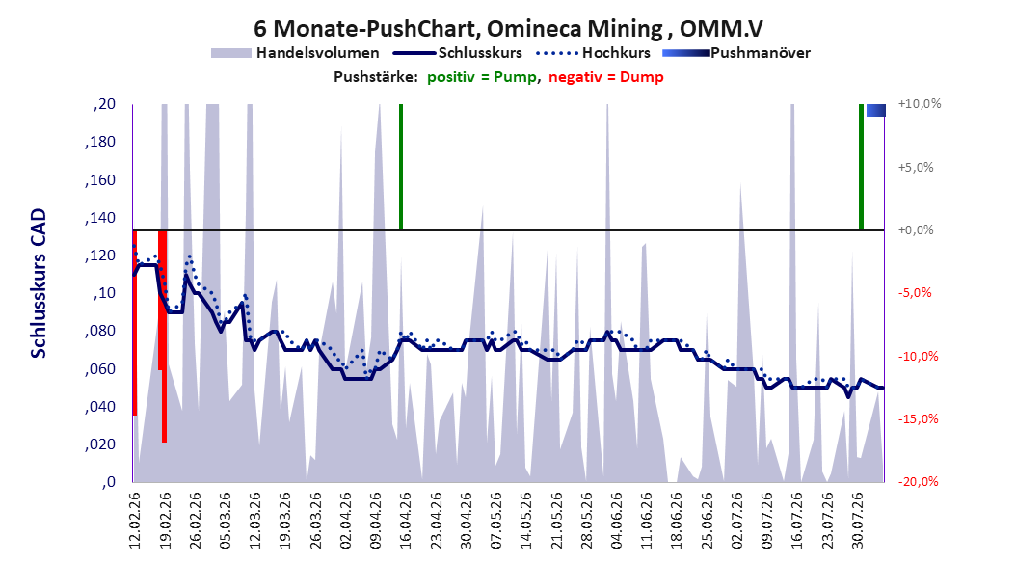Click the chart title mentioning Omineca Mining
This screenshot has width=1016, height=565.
point(508,29)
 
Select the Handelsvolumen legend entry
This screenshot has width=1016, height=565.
point(296,53)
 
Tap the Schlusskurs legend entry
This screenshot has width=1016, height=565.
point(458,53)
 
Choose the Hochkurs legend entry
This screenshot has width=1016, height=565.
point(594,53)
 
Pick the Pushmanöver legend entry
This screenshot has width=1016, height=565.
point(736,53)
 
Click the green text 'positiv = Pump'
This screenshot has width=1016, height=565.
point(482,77)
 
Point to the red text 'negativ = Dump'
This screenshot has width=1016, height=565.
point(606,77)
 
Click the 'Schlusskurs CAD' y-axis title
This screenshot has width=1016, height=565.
point(39,283)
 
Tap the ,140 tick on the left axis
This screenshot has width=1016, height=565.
point(100,218)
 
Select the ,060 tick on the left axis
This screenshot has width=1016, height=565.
point(100,369)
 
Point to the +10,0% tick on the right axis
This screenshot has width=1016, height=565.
point(920,104)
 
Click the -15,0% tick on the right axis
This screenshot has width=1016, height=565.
point(918,419)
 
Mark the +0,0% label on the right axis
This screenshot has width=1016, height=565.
point(916,230)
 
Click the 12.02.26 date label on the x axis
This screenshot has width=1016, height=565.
point(134,521)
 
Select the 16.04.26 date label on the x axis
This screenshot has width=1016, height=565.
point(405,521)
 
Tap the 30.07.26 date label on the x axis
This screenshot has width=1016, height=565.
point(857,521)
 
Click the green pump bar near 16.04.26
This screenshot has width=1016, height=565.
point(401,167)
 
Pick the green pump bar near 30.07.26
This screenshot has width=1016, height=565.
point(861,167)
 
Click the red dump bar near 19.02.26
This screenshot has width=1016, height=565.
point(163,336)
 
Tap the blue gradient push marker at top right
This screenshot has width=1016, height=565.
point(876,110)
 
